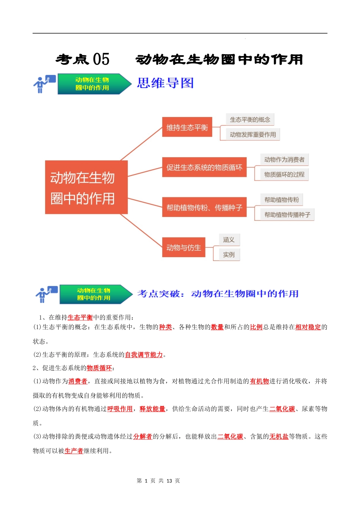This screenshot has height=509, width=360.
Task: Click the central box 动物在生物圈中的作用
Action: (x=86, y=187)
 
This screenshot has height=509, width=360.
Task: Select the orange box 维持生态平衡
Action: (x=187, y=127)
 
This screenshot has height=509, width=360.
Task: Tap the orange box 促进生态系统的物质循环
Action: (x=204, y=167)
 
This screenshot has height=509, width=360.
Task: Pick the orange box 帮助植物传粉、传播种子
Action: (x=204, y=207)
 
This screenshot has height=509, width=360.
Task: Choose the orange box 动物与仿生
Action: (x=184, y=247)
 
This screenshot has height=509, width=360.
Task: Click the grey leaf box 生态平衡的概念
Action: (x=250, y=120)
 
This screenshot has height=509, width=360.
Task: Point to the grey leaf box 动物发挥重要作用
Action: (x=253, y=134)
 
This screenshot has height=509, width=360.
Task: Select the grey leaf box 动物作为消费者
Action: (x=284, y=159)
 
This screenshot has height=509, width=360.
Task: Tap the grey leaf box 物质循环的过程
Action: (x=284, y=175)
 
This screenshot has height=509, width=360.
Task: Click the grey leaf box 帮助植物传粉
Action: (x=282, y=200)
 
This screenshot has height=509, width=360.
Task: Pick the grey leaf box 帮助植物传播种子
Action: (x=287, y=215)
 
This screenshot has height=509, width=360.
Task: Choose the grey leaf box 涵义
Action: (x=229, y=240)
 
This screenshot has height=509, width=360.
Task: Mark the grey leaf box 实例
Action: (x=229, y=254)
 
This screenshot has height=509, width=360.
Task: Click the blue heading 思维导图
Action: (x=165, y=83)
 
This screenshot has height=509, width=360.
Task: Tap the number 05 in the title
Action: (x=101, y=59)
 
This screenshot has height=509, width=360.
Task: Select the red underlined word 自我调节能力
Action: (x=144, y=355)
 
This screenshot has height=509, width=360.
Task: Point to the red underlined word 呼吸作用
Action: (x=120, y=409)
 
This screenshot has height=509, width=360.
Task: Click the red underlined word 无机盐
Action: (x=279, y=437)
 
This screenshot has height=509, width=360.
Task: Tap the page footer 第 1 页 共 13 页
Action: (x=158, y=481)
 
